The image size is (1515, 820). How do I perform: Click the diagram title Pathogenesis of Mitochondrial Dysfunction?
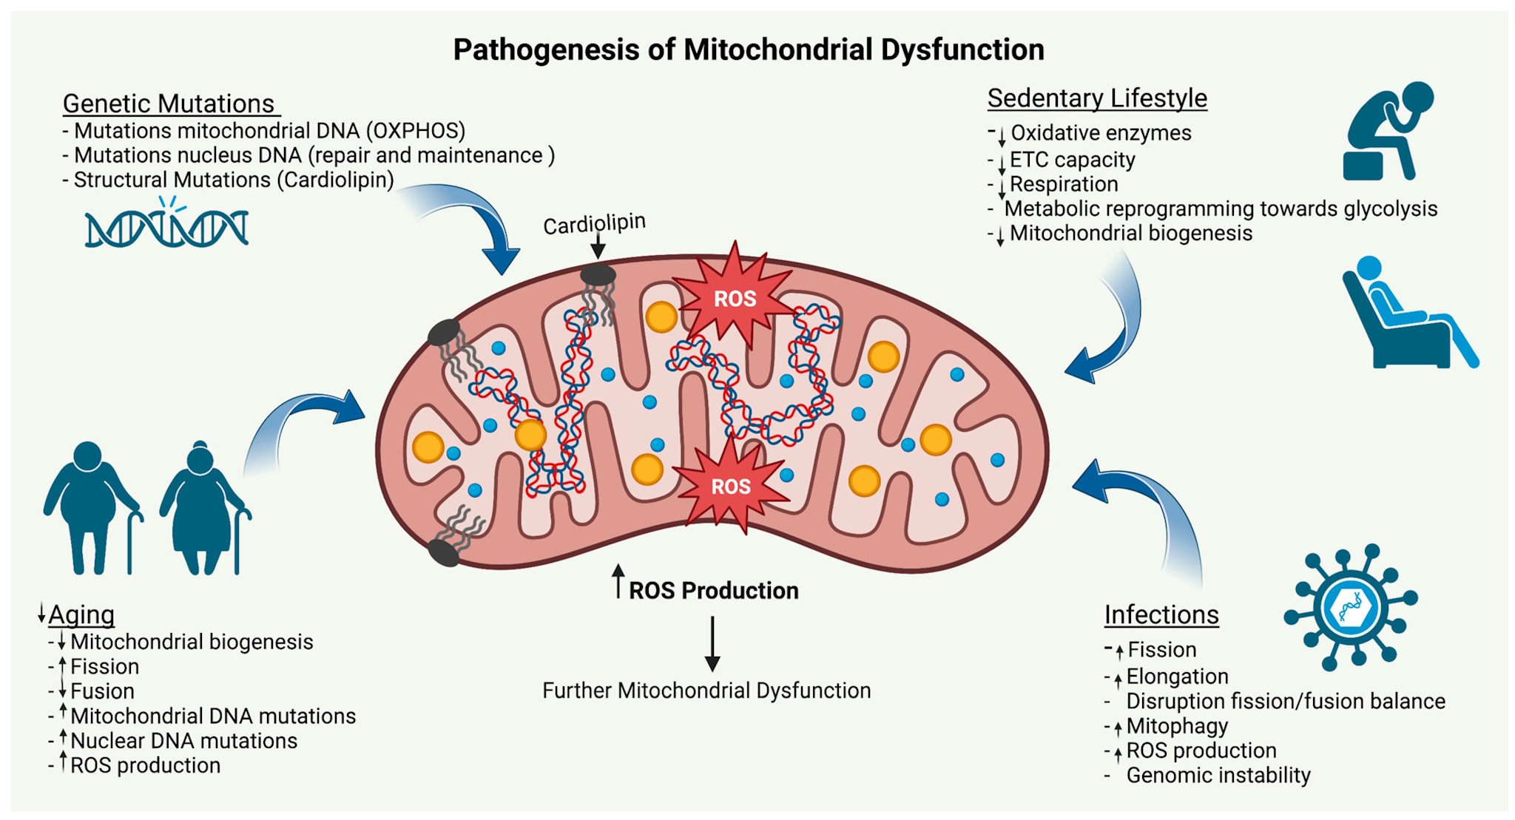(x=748, y=50)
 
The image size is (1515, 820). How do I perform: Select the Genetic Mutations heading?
(x=169, y=104)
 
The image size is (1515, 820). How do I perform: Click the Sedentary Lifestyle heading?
(x=1096, y=98)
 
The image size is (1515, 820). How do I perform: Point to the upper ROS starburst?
(x=735, y=298)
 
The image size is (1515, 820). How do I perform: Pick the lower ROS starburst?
(x=730, y=486)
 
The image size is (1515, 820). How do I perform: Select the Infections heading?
(x=1161, y=614)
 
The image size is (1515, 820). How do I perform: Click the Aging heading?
(x=81, y=614)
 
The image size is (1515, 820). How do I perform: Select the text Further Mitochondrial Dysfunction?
(x=706, y=691)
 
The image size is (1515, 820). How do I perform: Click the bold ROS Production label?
(x=713, y=590)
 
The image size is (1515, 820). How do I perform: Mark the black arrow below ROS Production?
(x=712, y=643)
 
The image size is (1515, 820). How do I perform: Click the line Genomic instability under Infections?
(x=1218, y=775)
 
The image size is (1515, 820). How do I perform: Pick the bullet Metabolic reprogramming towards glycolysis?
(x=1220, y=209)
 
